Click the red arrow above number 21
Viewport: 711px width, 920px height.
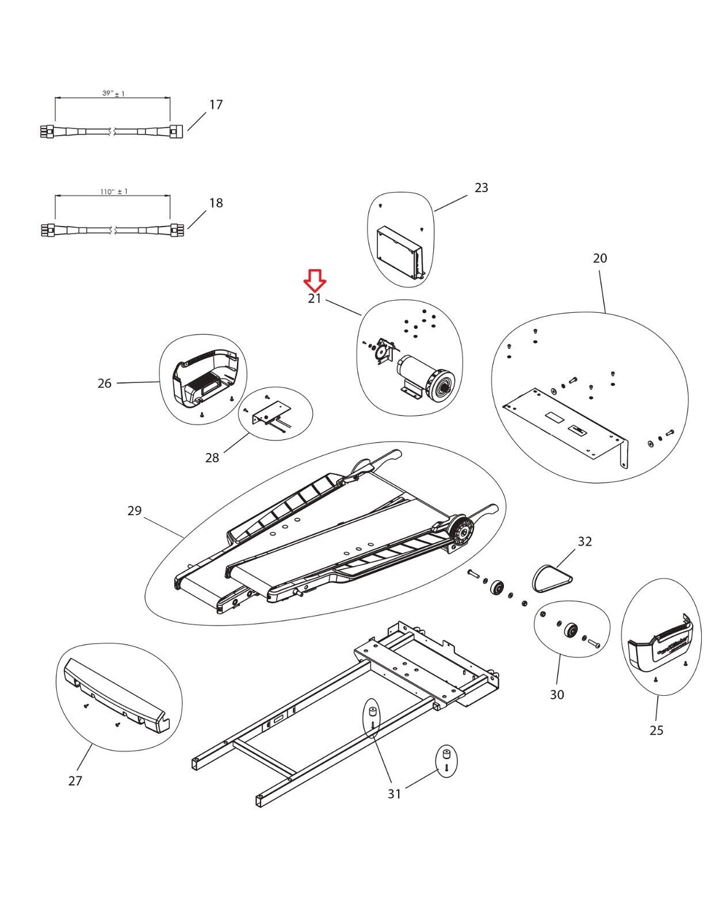(x=315, y=280)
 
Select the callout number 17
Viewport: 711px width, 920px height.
(x=216, y=105)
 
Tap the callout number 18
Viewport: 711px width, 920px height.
(x=216, y=203)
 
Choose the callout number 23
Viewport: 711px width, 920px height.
(x=481, y=187)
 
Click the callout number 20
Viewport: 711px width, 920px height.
(x=599, y=258)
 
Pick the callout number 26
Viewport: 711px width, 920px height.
(x=104, y=384)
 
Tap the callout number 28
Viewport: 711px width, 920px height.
(x=212, y=458)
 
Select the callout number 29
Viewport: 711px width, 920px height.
(x=134, y=511)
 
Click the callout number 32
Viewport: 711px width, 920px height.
(x=584, y=541)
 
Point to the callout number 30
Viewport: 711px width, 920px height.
(x=557, y=695)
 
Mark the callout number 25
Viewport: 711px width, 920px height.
(x=656, y=730)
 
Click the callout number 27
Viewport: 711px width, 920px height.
(x=75, y=781)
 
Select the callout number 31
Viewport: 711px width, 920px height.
(x=393, y=794)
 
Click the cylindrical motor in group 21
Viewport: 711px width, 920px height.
(x=426, y=374)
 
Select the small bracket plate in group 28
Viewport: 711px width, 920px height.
(x=269, y=413)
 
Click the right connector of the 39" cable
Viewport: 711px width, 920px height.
(x=176, y=131)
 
